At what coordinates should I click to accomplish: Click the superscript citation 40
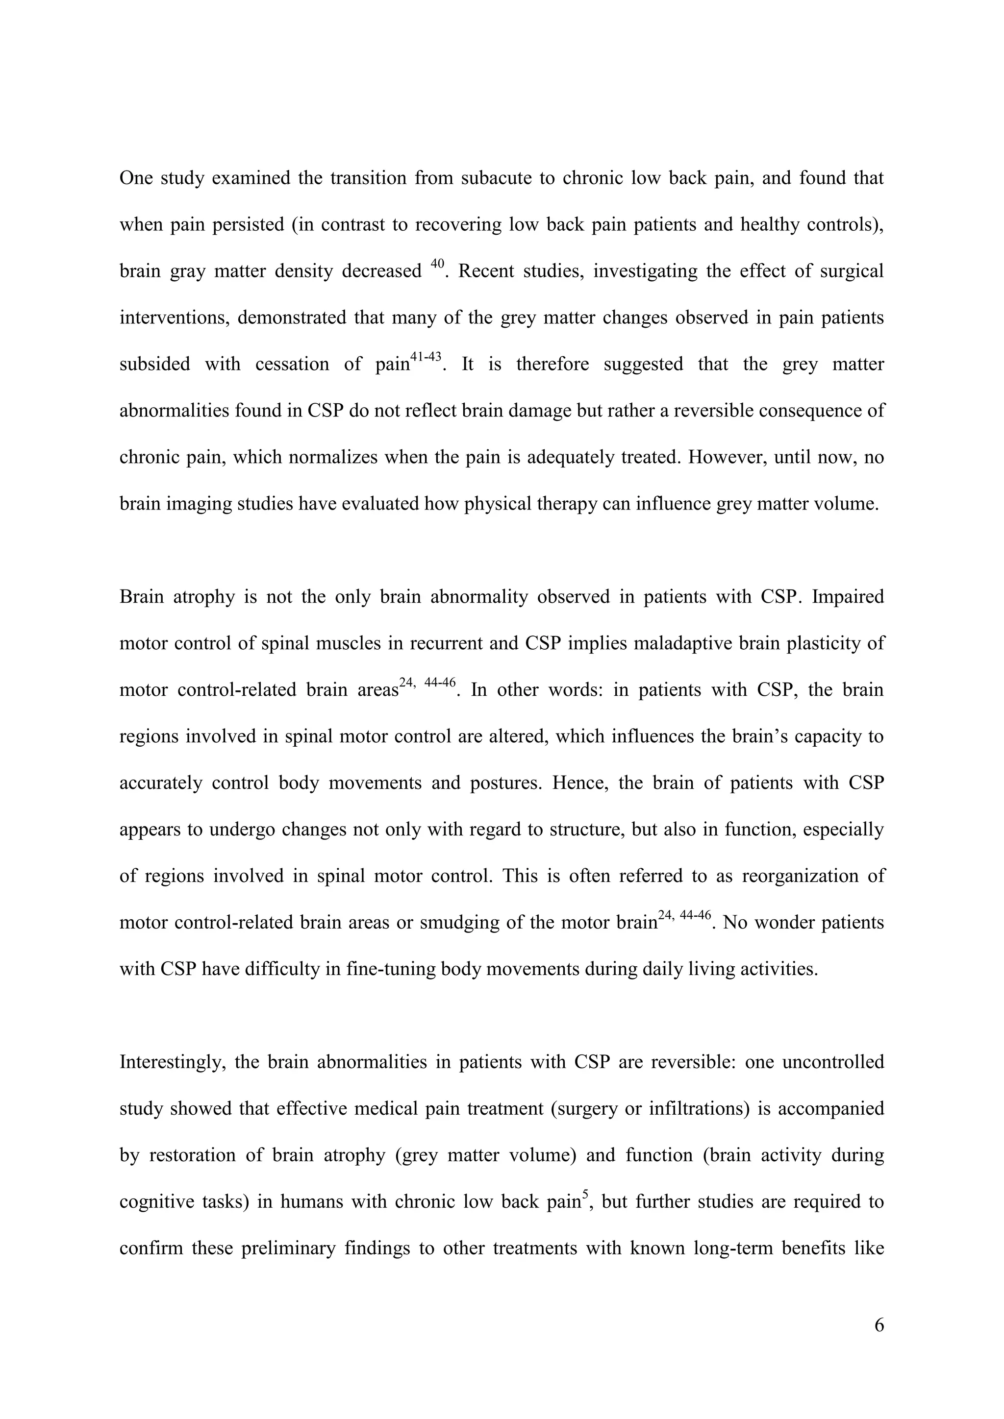click(x=436, y=264)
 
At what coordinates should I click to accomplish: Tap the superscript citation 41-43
click(x=426, y=357)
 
